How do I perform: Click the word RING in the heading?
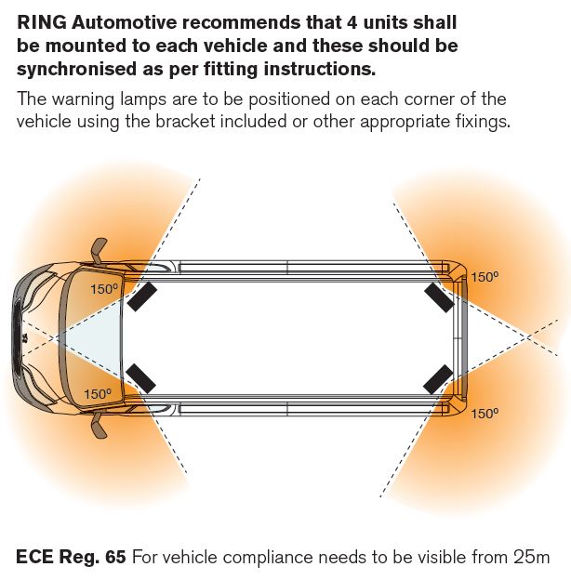[x=40, y=20]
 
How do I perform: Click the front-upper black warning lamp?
[x=142, y=296]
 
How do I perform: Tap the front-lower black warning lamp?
[x=142, y=377]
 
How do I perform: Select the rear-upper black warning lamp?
[x=438, y=296]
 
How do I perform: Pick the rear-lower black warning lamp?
[x=438, y=378]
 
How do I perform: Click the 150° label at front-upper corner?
[x=104, y=288]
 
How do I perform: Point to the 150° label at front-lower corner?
[x=98, y=394]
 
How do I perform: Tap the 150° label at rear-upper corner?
[x=485, y=277]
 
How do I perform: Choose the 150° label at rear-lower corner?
[x=485, y=414]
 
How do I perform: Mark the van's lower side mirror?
[x=97, y=425]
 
